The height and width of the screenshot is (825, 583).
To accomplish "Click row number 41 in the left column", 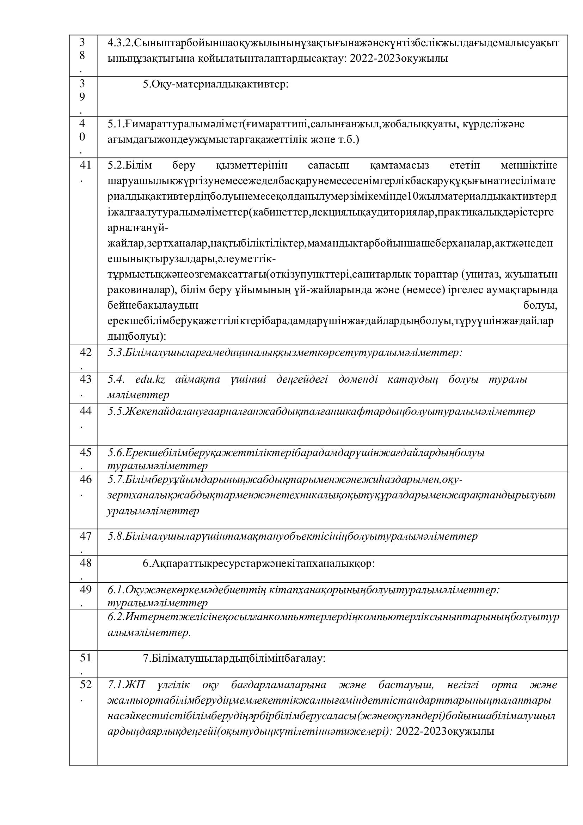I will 85,165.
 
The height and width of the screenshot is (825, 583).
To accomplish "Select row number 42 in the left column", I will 85,352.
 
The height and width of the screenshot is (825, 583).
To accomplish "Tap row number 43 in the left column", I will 85,379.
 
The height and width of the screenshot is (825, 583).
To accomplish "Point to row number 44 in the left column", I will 85,411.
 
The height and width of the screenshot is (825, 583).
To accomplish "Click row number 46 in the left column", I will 85,479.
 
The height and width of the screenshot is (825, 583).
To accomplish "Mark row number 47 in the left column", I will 85,536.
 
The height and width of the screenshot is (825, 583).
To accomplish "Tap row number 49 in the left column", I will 85,590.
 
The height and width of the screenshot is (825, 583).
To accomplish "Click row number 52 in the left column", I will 85,685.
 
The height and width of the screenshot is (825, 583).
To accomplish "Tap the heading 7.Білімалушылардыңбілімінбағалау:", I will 234,658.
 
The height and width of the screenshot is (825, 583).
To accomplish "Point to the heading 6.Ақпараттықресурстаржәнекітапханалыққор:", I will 258,563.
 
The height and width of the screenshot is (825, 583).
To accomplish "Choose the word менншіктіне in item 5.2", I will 529,166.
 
